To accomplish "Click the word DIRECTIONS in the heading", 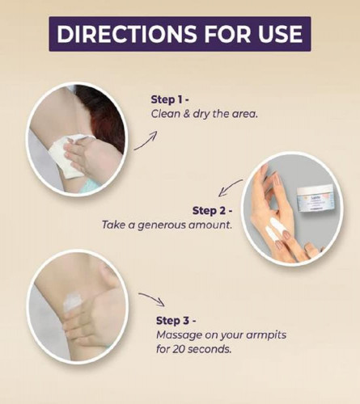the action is pyautogui.click(x=126, y=34).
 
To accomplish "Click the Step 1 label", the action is pyautogui.click(x=169, y=99).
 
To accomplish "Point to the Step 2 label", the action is pyautogui.click(x=212, y=211).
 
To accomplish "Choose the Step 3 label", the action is pyautogui.click(x=176, y=321).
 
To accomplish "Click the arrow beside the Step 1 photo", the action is pyautogui.click(x=146, y=141).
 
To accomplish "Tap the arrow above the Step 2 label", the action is pyautogui.click(x=230, y=187).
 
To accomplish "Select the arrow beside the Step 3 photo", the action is pyautogui.click(x=151, y=298).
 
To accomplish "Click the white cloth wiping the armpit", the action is pyautogui.click(x=69, y=156).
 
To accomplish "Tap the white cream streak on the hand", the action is pyautogui.click(x=273, y=229).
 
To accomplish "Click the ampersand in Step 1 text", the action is pyautogui.click(x=187, y=114).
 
